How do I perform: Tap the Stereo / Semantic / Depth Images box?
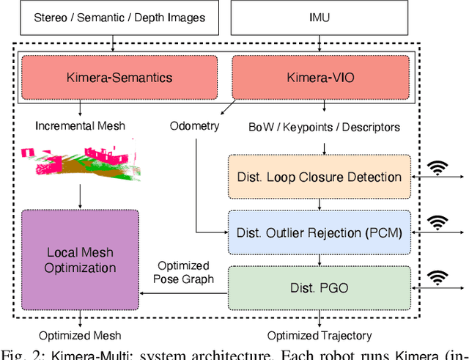point(114,17)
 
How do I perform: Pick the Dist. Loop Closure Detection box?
point(319,177)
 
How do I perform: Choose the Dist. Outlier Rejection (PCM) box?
point(319,232)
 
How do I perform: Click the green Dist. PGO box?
point(319,288)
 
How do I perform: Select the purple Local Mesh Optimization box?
point(80,260)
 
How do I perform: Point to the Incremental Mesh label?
point(81,125)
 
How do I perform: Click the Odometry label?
point(195,125)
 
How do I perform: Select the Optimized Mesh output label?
point(80,336)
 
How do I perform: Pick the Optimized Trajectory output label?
point(320,336)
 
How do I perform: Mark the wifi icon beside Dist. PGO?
point(439,278)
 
